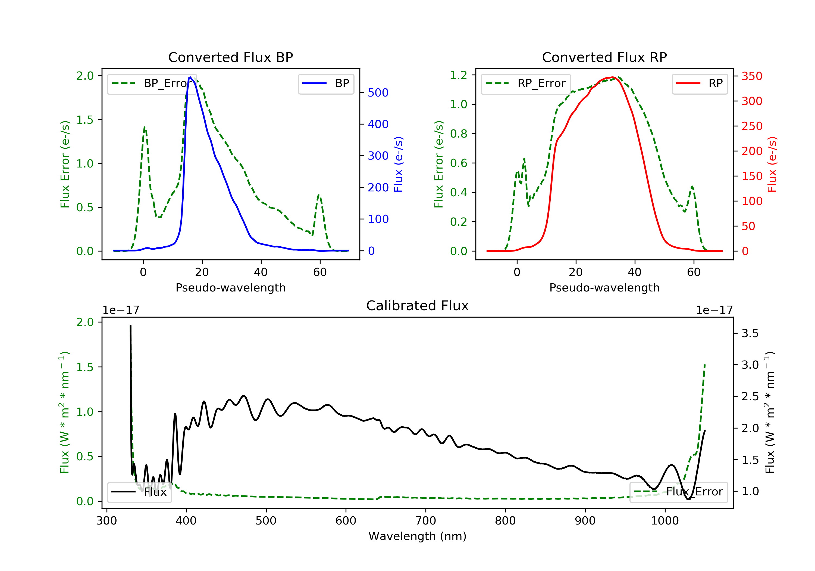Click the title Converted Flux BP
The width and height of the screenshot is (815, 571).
(x=230, y=57)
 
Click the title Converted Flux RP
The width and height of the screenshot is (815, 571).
(x=604, y=57)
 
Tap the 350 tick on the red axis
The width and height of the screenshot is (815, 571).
(x=752, y=76)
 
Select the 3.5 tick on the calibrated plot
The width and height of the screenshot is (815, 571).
(x=750, y=333)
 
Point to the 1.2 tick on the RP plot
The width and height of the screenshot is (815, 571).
(x=458, y=75)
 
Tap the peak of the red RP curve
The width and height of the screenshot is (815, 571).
(x=613, y=77)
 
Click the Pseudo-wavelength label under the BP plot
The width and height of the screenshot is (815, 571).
(x=230, y=287)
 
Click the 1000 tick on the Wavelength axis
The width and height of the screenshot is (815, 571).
(x=664, y=521)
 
